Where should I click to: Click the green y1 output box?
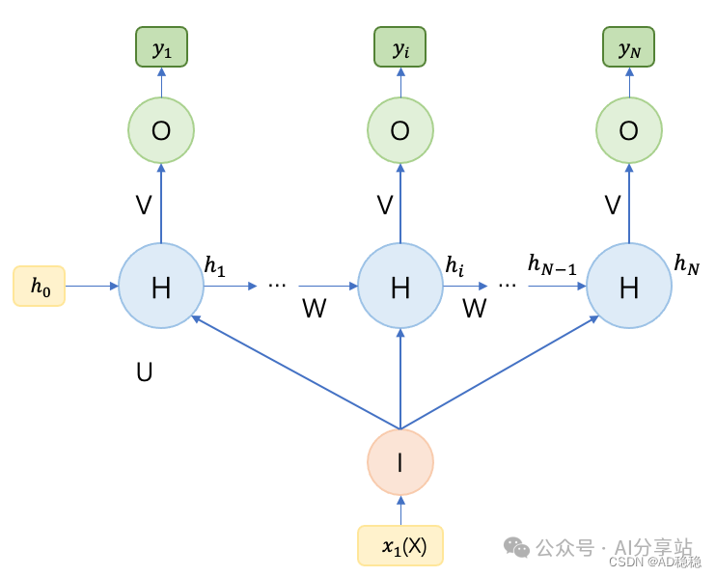click(161, 47)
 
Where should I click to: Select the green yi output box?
click(399, 47)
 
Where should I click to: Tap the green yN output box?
click(629, 47)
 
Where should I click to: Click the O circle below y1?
click(161, 130)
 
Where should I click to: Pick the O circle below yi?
click(399, 130)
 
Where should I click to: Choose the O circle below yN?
click(629, 130)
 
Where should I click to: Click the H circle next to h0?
click(161, 286)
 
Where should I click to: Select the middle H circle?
click(399, 286)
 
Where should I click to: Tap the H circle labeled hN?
click(629, 286)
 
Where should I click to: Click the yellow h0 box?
click(39, 286)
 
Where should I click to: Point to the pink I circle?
click(399, 462)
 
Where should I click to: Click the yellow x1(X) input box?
click(399, 545)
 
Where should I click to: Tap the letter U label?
click(145, 371)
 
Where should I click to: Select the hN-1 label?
click(552, 263)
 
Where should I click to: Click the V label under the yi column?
click(384, 205)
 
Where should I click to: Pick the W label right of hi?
click(474, 309)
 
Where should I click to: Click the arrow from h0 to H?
click(92, 286)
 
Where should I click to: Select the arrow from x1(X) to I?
click(399, 510)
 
